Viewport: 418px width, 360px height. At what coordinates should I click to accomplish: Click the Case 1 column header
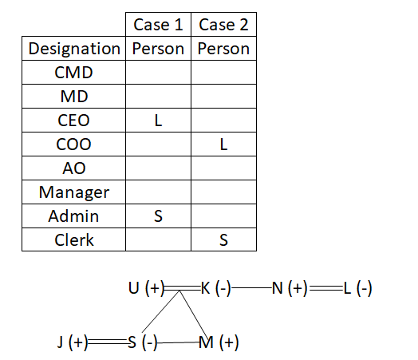[158, 25]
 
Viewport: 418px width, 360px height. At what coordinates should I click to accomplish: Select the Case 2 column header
[223, 25]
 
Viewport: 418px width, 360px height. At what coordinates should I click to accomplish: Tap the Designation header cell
[74, 49]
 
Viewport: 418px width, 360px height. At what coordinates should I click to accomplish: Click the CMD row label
[73, 73]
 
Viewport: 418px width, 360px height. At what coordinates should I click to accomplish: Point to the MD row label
[74, 97]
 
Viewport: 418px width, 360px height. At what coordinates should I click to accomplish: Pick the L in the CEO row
[158, 121]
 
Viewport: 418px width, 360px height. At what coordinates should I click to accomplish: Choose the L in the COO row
[223, 144]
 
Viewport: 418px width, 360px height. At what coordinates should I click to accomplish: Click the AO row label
[74, 168]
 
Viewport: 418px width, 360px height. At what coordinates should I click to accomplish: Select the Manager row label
[74, 192]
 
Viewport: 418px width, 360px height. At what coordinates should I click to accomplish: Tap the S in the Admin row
[158, 216]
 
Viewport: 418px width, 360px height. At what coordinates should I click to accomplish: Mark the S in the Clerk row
[223, 240]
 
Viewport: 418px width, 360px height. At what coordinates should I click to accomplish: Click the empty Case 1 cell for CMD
[159, 73]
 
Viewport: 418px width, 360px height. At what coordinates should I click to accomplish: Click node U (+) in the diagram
[146, 288]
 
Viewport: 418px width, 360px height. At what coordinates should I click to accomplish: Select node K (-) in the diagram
[216, 288]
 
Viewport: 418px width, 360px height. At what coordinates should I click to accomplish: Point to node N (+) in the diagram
[290, 288]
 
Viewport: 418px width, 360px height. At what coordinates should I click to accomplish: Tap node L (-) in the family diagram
[357, 288]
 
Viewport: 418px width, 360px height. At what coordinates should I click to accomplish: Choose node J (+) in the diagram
[73, 342]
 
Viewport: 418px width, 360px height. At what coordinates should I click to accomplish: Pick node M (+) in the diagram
[219, 342]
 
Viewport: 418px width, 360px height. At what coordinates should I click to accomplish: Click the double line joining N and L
[325, 288]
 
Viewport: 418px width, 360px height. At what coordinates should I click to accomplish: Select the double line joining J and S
[108, 342]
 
